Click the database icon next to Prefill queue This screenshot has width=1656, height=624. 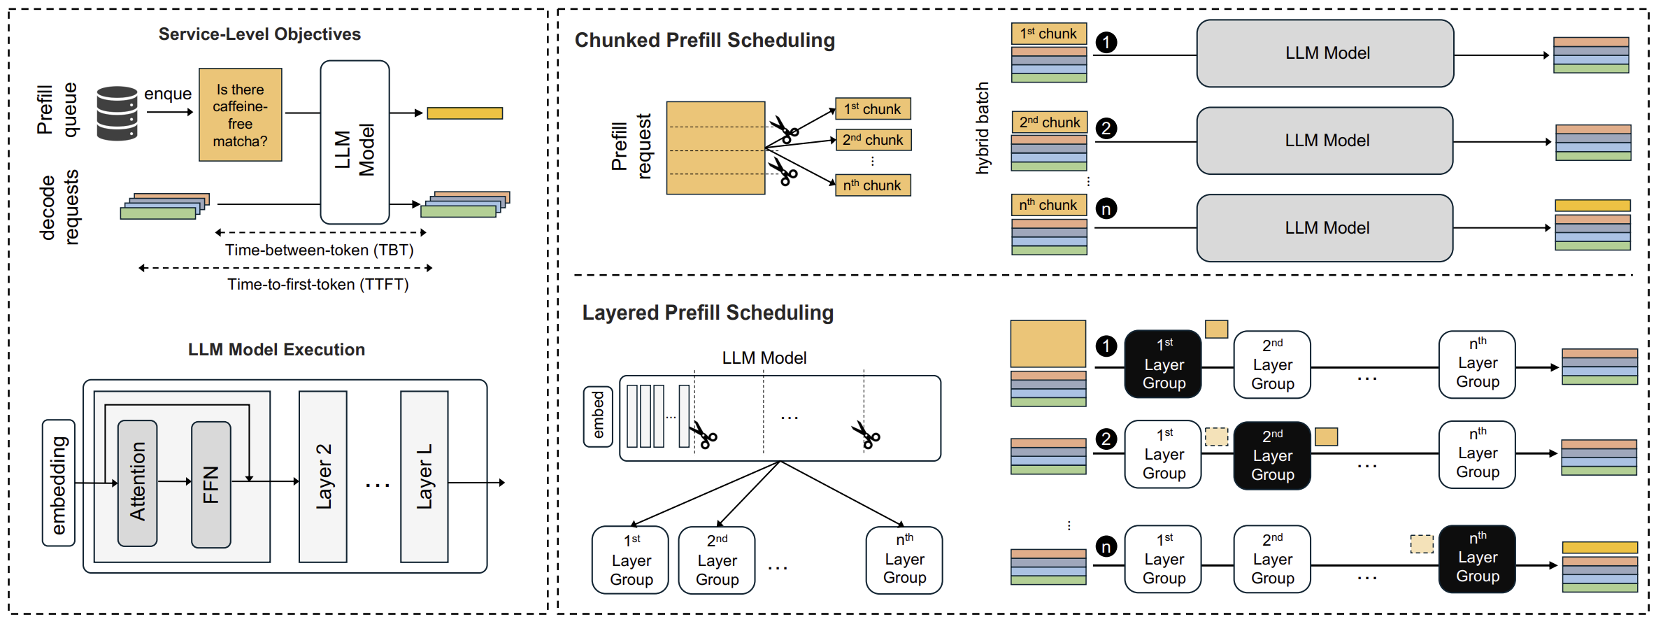[117, 113]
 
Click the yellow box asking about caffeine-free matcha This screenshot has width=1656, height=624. [240, 115]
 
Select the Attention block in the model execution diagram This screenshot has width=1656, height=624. [137, 483]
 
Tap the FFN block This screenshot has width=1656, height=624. [211, 484]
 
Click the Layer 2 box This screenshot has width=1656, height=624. [323, 476]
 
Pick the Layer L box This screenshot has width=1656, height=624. [424, 476]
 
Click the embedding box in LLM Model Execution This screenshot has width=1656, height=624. [59, 483]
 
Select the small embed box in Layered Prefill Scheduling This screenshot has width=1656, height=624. [598, 416]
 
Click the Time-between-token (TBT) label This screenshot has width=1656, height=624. [319, 250]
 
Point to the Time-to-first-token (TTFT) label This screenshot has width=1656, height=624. [318, 284]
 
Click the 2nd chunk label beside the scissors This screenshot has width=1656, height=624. [873, 140]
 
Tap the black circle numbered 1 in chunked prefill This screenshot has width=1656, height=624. [1106, 43]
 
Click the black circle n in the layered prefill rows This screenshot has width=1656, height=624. [1106, 546]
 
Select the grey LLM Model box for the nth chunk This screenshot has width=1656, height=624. [1325, 228]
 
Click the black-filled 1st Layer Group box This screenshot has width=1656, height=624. [1163, 364]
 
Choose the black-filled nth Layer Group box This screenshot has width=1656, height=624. [1477, 558]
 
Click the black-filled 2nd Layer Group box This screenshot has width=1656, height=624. [1272, 455]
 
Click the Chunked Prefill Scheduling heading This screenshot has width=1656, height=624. [704, 41]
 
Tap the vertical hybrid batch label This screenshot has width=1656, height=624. [983, 127]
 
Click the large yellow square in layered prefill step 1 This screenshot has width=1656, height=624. [1048, 343]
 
